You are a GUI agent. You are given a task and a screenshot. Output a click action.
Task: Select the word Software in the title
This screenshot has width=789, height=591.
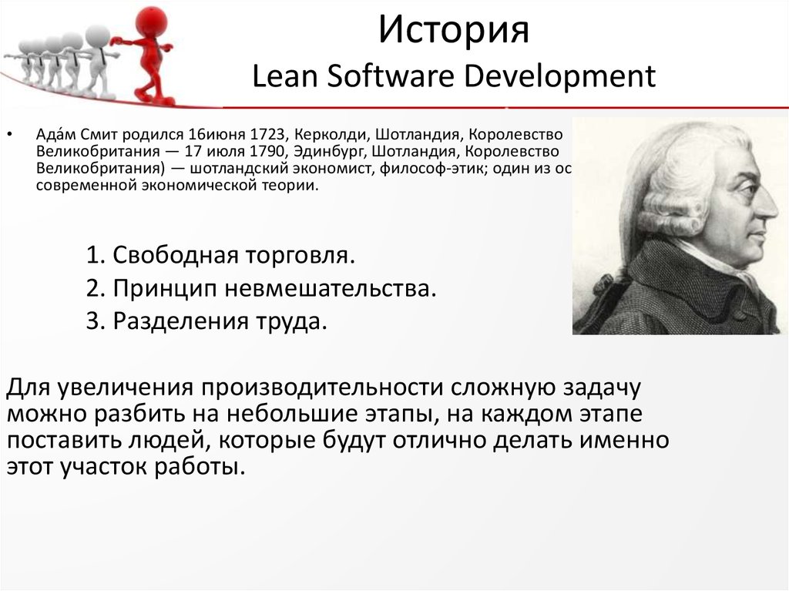pyautogui.click(x=373, y=76)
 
